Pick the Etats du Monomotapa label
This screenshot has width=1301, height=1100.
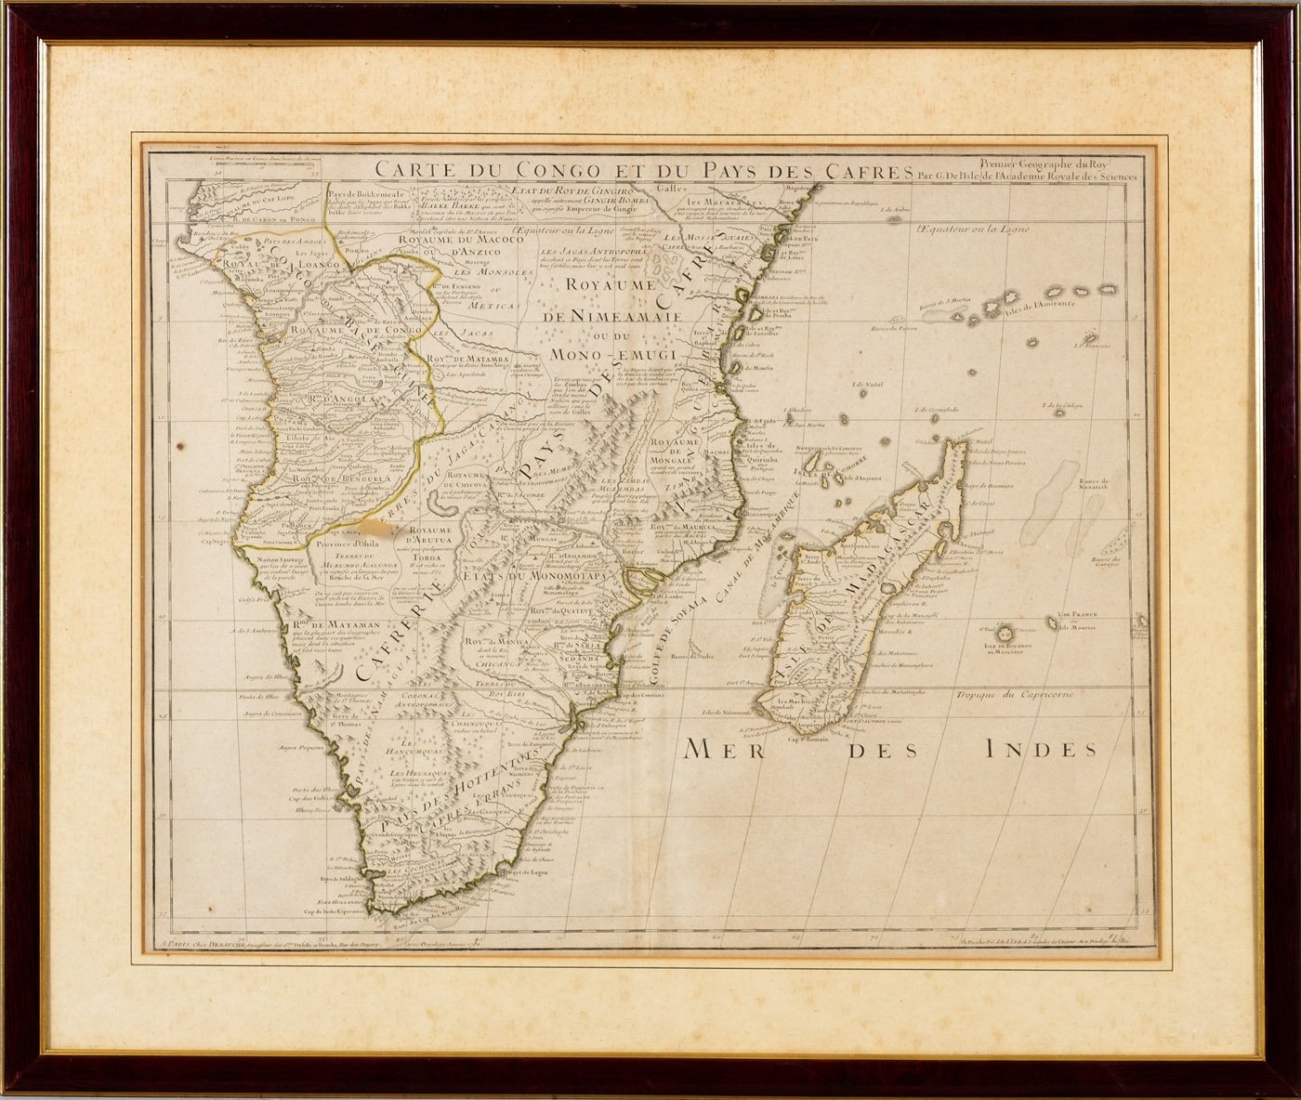click(x=533, y=576)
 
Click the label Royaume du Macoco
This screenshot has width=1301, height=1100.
click(x=451, y=239)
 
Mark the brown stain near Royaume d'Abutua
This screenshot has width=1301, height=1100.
click(x=406, y=535)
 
